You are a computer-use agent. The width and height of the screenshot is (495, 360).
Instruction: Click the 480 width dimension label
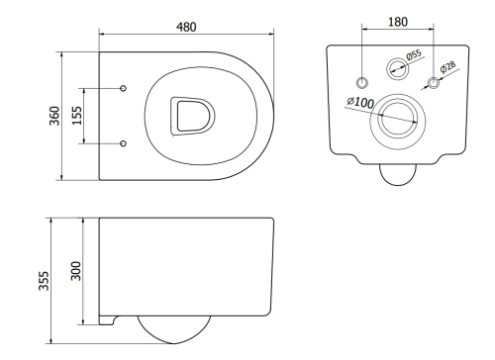pos(186,27)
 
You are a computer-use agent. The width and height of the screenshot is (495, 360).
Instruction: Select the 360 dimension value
pos(54,116)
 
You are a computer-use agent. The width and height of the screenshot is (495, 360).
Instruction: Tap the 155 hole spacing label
pos(77,116)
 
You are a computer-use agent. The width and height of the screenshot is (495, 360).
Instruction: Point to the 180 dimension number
pos(398,22)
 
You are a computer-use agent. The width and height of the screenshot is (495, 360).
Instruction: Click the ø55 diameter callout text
pos(414,54)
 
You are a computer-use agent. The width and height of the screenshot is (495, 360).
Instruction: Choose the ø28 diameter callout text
pos(447,66)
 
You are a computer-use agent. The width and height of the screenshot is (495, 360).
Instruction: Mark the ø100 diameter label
pos(360,102)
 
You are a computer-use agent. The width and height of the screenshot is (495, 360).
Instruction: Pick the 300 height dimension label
pos(76,271)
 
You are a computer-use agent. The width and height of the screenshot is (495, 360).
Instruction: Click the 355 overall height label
pos(44,281)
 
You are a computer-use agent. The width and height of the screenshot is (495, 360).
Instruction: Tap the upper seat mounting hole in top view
pos(123,88)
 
